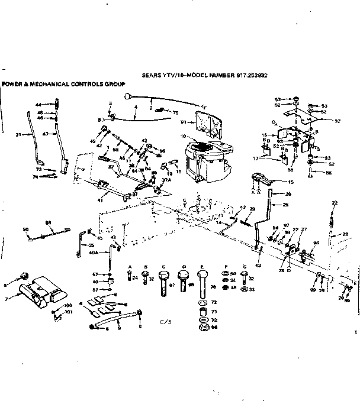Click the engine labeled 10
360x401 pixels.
click(x=205, y=160)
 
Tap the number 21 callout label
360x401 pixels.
click(x=18, y=135)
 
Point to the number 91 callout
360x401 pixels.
click(x=184, y=122)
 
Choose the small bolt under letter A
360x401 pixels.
click(x=128, y=277)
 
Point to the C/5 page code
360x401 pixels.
click(x=165, y=339)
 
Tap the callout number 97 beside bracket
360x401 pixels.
click(x=338, y=121)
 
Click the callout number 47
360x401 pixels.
click(x=46, y=135)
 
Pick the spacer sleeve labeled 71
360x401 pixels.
click(x=203, y=310)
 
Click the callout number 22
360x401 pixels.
click(x=335, y=203)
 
